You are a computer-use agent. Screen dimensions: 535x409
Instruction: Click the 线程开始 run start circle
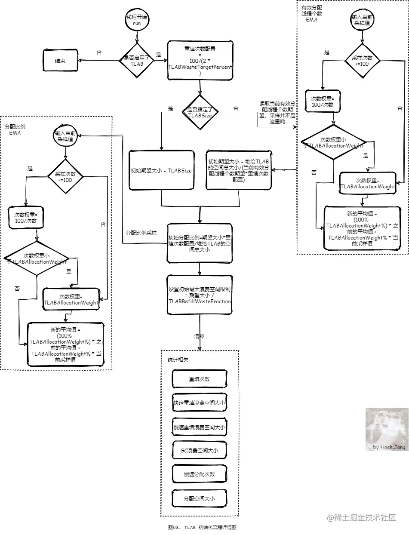click(137, 19)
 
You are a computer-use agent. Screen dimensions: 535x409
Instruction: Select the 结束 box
click(60, 61)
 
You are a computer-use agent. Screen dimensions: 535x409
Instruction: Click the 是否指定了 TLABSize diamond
click(200, 112)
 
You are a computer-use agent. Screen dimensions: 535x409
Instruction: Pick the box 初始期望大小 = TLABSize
click(161, 170)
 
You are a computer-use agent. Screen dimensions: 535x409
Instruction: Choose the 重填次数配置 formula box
click(200, 61)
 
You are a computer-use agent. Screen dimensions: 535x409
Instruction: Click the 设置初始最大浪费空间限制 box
click(200, 295)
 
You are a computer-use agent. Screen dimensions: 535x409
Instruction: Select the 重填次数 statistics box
click(199, 379)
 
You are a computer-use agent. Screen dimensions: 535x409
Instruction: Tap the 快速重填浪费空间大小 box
click(199, 403)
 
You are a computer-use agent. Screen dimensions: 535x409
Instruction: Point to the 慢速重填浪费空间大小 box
click(199, 427)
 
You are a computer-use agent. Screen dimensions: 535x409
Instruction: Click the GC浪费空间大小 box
click(199, 451)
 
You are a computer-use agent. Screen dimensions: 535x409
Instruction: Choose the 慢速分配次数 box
click(199, 474)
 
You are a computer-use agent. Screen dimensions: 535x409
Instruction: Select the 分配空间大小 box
click(199, 499)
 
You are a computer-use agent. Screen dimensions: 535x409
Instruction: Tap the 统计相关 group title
click(178, 359)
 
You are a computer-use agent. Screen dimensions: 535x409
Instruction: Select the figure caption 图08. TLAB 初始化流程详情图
click(202, 527)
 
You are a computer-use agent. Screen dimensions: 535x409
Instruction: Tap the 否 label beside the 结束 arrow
click(99, 52)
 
